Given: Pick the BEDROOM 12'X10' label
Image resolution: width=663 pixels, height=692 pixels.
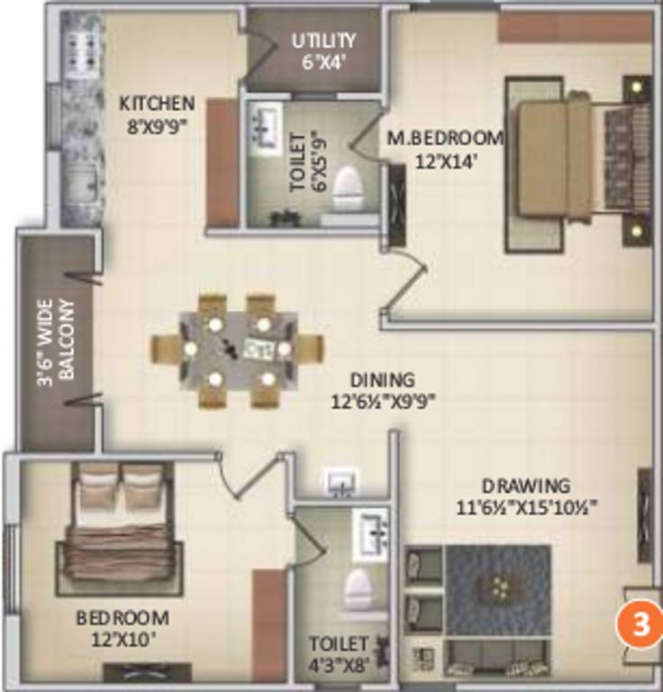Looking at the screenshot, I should tap(122, 627).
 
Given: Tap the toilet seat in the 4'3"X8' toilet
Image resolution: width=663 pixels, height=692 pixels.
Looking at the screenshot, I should tap(359, 590).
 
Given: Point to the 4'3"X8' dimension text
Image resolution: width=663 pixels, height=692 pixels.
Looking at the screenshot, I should tap(339, 668).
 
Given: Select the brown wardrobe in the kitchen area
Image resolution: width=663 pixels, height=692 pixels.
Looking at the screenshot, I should tap(222, 162).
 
